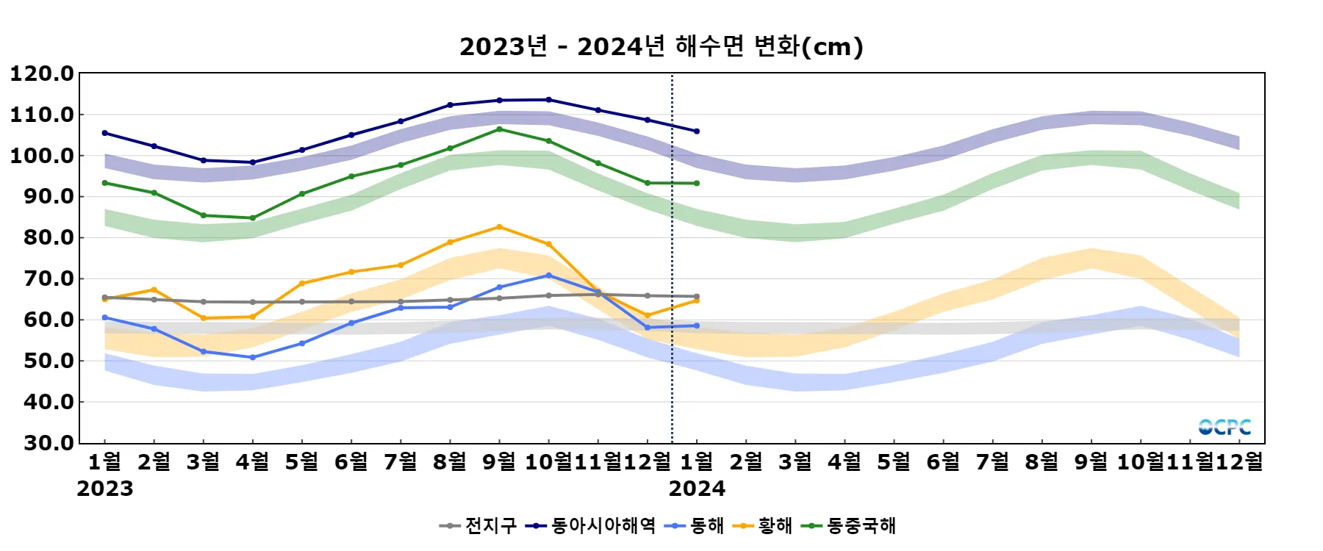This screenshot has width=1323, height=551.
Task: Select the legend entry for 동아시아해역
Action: click(x=591, y=525)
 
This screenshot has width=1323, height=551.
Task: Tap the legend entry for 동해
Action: click(x=695, y=525)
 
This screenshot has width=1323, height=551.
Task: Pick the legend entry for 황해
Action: click(x=764, y=525)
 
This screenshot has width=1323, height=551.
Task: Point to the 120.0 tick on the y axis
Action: click(x=42, y=73)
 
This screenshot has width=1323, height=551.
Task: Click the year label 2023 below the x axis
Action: click(x=105, y=489)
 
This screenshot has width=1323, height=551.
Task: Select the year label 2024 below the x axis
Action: click(x=697, y=489)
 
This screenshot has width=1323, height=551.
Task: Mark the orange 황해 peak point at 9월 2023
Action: click(x=499, y=227)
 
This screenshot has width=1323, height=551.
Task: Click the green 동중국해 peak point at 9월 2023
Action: click(x=499, y=129)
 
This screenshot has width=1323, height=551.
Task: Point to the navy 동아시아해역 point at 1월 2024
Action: click(x=697, y=132)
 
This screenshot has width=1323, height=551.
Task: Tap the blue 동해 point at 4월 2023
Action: click(x=253, y=358)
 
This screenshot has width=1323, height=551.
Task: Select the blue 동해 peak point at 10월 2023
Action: click(x=548, y=275)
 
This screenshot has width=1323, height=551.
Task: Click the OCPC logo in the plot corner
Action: click(x=1224, y=427)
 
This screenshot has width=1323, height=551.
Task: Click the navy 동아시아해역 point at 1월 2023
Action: click(x=105, y=133)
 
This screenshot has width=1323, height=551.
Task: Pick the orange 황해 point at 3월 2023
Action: click(x=204, y=318)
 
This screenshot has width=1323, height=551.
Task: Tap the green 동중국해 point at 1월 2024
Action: click(x=697, y=184)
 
